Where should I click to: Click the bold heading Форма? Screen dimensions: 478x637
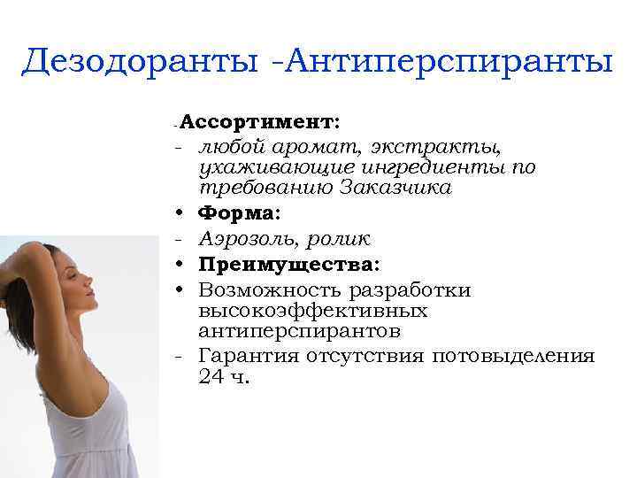(237, 213)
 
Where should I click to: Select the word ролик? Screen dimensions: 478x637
(338, 239)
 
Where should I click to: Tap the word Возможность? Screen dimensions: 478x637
(272, 290)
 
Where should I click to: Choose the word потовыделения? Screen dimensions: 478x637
(513, 356)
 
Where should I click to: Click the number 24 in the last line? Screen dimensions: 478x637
(213, 376)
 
